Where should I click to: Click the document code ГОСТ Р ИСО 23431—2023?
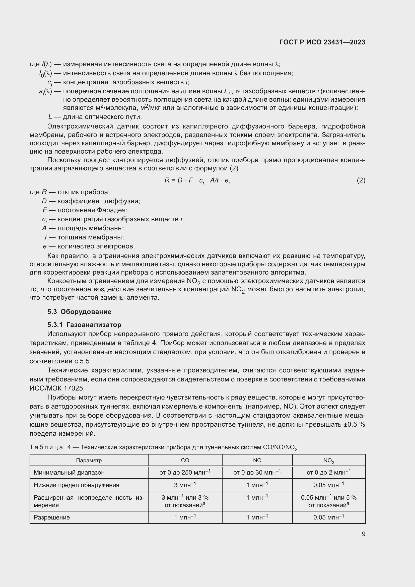pos(322,42)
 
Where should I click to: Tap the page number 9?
pos(363,534)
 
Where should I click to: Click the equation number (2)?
pos(361,180)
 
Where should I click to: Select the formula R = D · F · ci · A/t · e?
pos(197,180)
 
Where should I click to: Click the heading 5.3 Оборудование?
pos(79,312)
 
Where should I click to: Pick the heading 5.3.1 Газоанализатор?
pos(84,325)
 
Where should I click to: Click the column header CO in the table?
pos(185,461)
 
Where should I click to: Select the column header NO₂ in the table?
pos(329,461)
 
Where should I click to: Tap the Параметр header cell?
pos(89,461)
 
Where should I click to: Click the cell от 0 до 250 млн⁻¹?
pos(185,473)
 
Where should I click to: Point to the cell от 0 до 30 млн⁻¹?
pos(257,473)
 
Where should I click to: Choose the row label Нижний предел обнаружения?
pos(77,485)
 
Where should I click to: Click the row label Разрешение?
pos(52,517)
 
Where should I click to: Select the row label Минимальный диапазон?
pos(69,473)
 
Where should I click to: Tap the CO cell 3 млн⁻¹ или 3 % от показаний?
pos(185,501)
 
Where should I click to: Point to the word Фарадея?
pos(112,210)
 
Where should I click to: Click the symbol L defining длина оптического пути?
pos(50,117)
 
